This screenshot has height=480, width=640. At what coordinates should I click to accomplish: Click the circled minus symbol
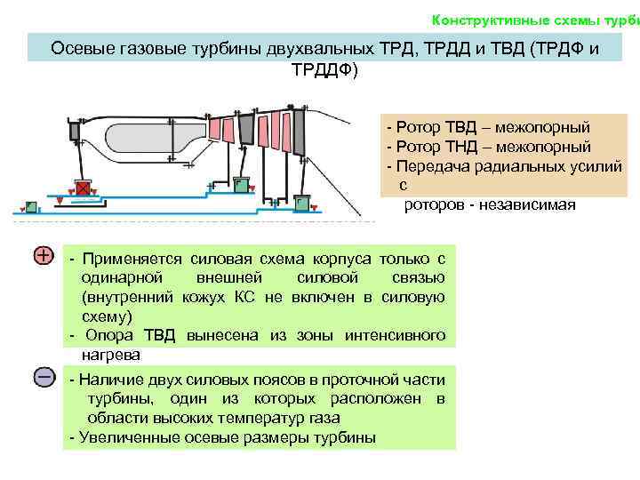click(44, 377)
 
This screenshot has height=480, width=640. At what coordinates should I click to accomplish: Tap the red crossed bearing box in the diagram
click(84, 188)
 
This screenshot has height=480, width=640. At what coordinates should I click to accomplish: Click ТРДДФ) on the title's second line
click(324, 69)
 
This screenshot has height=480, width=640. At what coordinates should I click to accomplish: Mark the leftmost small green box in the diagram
click(32, 206)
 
